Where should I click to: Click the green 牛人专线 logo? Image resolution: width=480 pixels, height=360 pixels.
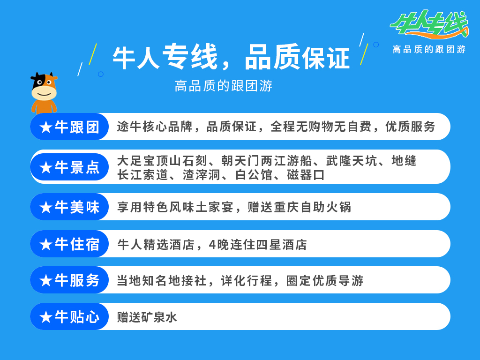[429, 24]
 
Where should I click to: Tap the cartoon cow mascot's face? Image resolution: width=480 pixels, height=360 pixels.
[44, 88]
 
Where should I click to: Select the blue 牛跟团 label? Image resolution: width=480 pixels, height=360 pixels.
[69, 127]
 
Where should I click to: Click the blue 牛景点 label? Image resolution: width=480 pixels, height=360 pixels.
[69, 167]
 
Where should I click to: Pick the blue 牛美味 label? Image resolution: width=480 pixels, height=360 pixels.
[69, 207]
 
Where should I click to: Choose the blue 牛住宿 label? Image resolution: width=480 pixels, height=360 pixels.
[69, 244]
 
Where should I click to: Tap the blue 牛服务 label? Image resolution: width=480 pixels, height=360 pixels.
[69, 280]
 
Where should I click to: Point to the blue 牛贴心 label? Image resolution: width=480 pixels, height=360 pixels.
[69, 316]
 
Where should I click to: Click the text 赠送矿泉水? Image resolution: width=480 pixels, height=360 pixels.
[147, 317]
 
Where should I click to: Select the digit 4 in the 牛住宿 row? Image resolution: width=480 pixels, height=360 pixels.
[212, 245]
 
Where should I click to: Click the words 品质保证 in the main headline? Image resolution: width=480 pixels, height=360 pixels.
[297, 57]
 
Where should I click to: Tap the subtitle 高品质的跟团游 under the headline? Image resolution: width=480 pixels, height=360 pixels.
[224, 86]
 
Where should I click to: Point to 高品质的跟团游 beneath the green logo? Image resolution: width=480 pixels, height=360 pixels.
[429, 49]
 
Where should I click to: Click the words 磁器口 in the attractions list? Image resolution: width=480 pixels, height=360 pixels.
[306, 175]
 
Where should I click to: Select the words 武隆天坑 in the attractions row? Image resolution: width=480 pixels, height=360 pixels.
[351, 161]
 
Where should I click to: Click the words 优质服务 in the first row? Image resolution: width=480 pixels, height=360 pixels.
[410, 127]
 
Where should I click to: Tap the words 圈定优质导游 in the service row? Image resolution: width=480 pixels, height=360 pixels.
[325, 281]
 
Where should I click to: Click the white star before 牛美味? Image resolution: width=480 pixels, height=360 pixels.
[46, 208]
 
